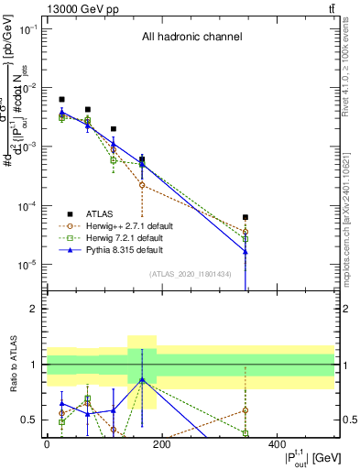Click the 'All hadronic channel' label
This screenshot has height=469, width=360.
(191, 38)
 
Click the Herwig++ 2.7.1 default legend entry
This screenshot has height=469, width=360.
(122, 225)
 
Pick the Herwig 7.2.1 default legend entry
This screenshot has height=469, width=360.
(120, 237)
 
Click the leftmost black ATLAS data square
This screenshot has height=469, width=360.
(61, 99)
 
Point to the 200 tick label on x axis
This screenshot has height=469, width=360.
(161, 444)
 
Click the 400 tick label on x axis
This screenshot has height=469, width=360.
(277, 444)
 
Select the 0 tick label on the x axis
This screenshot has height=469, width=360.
(47, 444)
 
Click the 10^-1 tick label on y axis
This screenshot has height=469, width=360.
(27, 29)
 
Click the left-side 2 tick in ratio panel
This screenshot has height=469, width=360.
(35, 309)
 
